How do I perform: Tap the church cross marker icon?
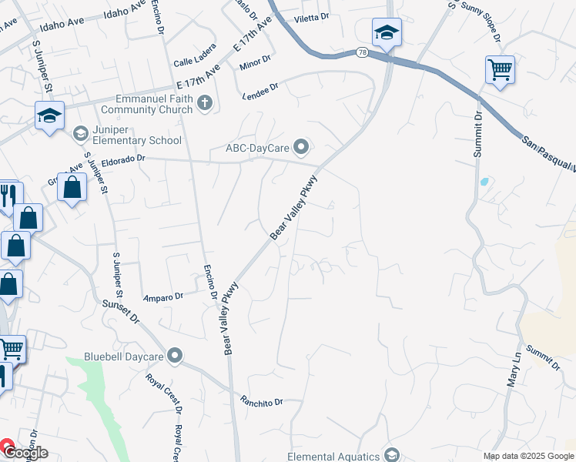205,103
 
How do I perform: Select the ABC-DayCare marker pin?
301,146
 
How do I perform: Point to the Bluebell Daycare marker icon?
176,356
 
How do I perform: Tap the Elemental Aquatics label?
334,456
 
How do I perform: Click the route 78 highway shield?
362,52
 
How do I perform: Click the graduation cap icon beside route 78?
387,33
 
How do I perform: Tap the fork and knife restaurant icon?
8,194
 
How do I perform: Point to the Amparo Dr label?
163,296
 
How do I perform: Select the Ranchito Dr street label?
262,401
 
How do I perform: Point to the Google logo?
25,453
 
